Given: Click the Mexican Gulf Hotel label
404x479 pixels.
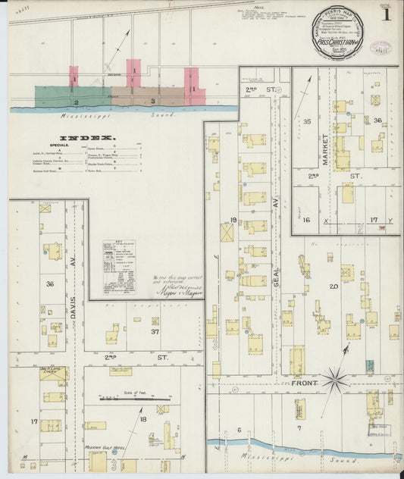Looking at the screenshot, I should (x=103, y=448).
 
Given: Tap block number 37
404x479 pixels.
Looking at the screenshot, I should (x=155, y=331).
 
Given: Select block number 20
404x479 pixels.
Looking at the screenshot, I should (x=333, y=286).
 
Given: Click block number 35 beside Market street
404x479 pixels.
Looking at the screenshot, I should (x=307, y=121).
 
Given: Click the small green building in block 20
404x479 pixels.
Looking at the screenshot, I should (x=370, y=365).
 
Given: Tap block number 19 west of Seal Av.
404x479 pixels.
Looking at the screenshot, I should (x=233, y=221).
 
